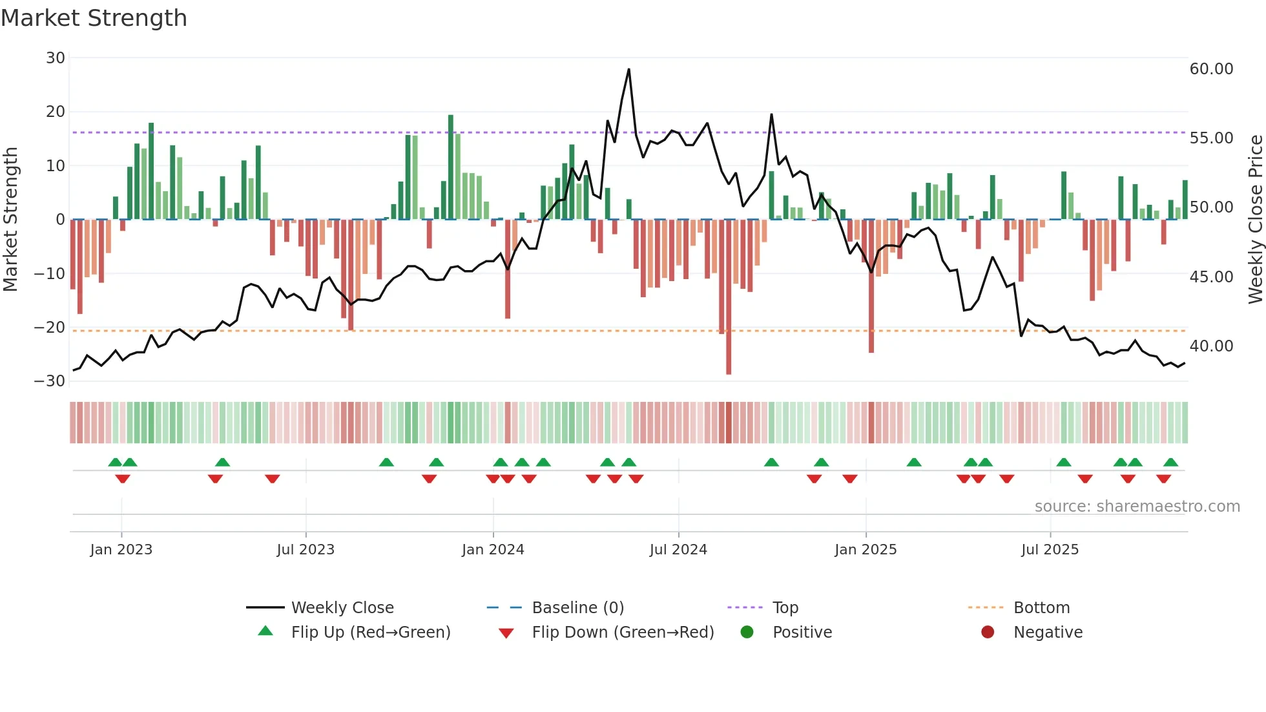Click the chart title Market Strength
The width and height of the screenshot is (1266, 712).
pos(94,18)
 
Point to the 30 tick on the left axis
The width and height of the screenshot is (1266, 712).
pos(56,58)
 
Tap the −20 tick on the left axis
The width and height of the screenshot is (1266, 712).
pos(50,328)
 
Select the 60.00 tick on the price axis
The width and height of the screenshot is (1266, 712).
pos(1211,69)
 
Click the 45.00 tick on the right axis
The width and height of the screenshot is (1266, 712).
pos(1211,277)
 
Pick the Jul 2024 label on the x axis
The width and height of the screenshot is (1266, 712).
pos(678,550)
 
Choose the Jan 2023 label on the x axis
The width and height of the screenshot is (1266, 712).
pos(121,550)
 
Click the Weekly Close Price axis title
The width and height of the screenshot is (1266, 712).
pos(1255,220)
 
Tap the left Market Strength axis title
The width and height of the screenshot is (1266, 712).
pos(10,220)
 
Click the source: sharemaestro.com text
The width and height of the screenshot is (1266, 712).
pos(1137,507)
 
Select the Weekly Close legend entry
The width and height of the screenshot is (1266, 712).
pos(342,608)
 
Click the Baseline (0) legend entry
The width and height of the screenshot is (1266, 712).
pos(577,608)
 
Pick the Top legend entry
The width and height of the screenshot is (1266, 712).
pos(785,608)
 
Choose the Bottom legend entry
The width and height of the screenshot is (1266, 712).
pos(1041,608)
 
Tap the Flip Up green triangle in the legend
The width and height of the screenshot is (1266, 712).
pos(265,631)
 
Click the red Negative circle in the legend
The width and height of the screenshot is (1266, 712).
pos(988,633)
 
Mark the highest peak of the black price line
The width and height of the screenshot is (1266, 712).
pos(628,70)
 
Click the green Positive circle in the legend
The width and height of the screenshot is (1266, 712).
pos(747,633)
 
